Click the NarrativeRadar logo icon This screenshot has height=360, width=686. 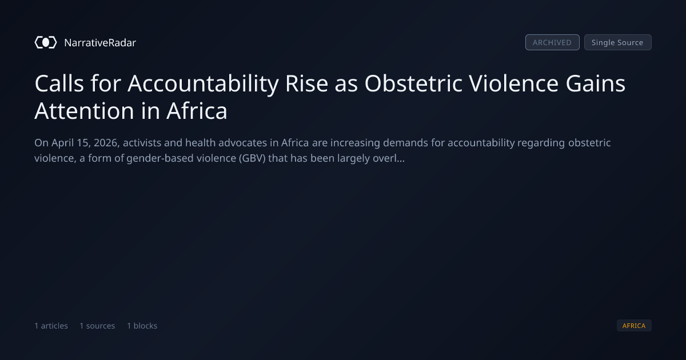(x=46, y=42)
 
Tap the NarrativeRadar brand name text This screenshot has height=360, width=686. (x=100, y=43)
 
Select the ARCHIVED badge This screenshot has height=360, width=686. (x=552, y=42)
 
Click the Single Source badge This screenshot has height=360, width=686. (x=618, y=42)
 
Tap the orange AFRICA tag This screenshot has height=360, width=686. (x=634, y=325)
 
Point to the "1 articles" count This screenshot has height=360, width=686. (x=51, y=326)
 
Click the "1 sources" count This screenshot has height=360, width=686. (x=97, y=326)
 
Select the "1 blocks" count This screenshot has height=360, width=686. (x=142, y=326)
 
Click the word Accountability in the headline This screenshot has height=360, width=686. (x=203, y=83)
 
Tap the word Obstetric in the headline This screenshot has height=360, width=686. (x=413, y=83)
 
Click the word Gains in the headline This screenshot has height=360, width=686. (x=596, y=83)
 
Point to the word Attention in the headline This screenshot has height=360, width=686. (x=84, y=111)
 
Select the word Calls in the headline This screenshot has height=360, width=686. (x=59, y=83)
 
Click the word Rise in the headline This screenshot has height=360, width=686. (x=306, y=83)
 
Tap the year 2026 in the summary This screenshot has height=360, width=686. (x=106, y=143)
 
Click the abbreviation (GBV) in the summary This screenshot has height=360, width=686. (x=252, y=159)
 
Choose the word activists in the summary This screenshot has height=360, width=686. (x=142, y=143)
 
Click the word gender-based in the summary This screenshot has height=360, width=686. (x=160, y=159)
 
